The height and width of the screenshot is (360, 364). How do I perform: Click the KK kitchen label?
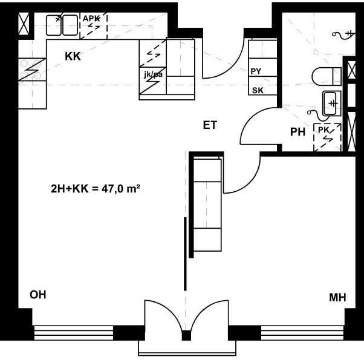tap(73, 56)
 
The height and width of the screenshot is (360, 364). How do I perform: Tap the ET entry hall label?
tap(210, 125)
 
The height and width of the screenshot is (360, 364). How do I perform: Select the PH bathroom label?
tap(297, 132)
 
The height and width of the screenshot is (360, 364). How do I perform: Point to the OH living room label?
tap(38, 295)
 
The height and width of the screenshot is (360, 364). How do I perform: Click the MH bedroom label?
tap(337, 298)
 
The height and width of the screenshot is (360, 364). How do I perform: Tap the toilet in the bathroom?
tap(327, 76)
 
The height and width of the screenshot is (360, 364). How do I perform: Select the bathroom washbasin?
tap(331, 103)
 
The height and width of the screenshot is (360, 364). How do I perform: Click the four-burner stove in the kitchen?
tap(32, 70)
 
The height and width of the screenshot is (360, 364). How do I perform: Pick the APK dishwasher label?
tap(91, 19)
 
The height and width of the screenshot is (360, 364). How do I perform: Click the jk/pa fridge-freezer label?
tap(153, 74)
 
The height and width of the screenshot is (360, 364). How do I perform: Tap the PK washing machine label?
tap(323, 130)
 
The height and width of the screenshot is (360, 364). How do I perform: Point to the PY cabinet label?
tap(256, 71)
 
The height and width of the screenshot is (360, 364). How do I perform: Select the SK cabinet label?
tap(258, 90)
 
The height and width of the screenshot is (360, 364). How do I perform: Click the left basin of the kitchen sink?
tap(54, 25)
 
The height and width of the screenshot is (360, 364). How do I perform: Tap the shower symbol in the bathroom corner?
tap(343, 35)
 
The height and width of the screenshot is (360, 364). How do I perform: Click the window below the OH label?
tap(74, 333)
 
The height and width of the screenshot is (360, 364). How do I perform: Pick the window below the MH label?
tap(302, 333)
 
